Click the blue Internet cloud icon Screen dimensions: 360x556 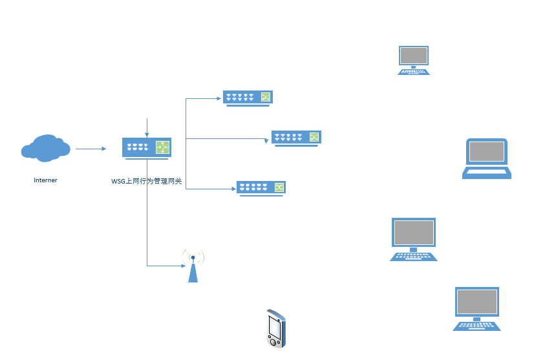[45, 148]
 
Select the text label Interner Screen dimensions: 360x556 [45, 180]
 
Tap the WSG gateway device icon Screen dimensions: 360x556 [146, 148]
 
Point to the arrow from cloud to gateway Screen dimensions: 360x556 [91, 149]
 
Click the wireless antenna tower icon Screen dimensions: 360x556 [193, 266]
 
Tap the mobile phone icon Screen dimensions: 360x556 [275, 329]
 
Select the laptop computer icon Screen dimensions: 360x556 [487, 158]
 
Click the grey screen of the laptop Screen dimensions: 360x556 [487, 152]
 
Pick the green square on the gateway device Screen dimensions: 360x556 [162, 147]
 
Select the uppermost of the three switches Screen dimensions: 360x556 [248, 98]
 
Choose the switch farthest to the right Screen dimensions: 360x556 [296, 138]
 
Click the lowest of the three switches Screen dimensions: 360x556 [261, 187]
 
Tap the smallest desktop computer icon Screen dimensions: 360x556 [414, 60]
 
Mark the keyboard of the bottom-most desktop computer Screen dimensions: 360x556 [477, 325]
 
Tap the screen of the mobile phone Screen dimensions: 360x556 [274, 328]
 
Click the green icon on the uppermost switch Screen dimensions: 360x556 [265, 97]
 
